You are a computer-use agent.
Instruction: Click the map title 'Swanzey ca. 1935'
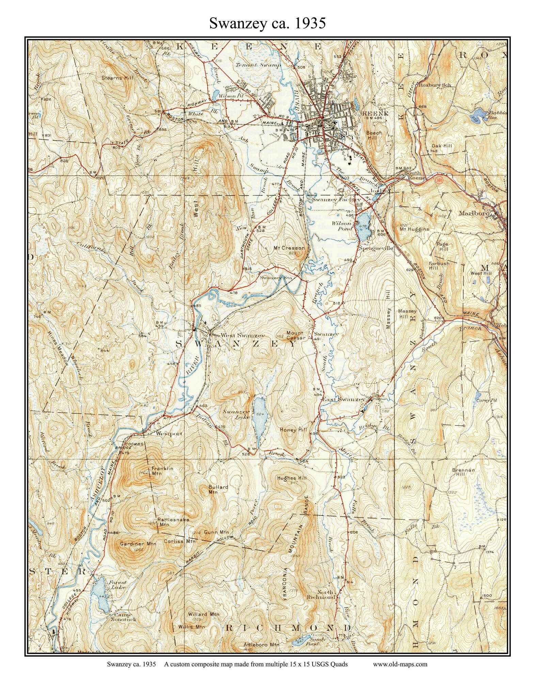click(267, 23)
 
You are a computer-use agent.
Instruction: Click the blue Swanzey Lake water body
click(259, 418)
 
